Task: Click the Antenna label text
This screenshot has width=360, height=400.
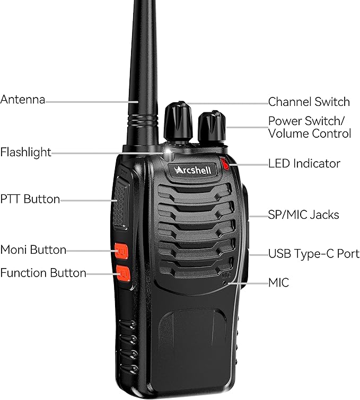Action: tap(23, 100)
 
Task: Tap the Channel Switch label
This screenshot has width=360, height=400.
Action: tap(309, 102)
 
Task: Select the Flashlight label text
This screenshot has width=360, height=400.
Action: tap(26, 153)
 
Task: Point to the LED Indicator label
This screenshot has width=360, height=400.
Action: tap(304, 164)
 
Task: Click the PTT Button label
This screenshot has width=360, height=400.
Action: tap(30, 199)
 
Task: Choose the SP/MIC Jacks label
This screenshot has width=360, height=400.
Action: tap(303, 215)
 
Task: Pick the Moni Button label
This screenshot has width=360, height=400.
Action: tap(33, 250)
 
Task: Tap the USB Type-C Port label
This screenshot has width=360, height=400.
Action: tap(313, 254)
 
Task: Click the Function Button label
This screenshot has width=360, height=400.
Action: tap(43, 273)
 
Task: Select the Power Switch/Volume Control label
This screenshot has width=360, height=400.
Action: tap(309, 127)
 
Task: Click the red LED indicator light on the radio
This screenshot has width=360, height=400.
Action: tap(227, 164)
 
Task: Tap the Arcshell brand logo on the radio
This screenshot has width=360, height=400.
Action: tap(193, 170)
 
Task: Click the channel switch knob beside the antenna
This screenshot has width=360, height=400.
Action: tap(177, 121)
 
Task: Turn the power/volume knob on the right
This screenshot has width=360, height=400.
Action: tap(212, 127)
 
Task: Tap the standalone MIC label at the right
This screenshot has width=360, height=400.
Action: tap(278, 282)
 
